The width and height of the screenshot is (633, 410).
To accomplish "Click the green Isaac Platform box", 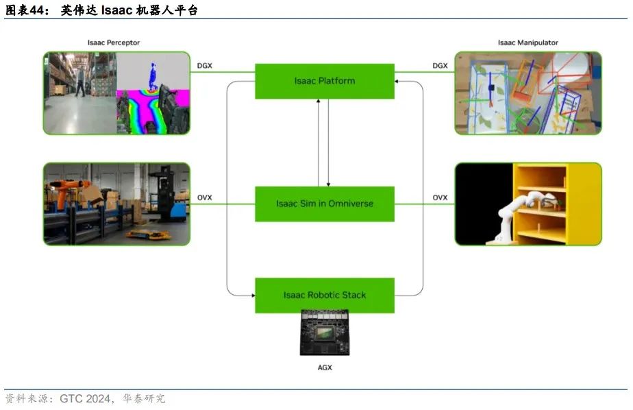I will tap(325, 81).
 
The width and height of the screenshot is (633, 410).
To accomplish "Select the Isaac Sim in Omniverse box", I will tap(325, 204).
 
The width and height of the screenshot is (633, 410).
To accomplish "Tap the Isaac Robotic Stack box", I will tap(325, 295).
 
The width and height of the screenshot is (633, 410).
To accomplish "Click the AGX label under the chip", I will tap(325, 367).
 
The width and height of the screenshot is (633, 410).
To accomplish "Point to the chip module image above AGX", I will tap(325, 333).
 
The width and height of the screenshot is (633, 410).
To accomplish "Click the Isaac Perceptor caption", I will tap(114, 43).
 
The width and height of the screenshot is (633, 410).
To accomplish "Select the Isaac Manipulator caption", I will tap(527, 43).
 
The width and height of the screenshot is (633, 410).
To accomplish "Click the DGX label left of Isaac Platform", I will tap(204, 66).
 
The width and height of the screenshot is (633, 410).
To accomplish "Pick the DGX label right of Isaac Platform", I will tap(440, 66).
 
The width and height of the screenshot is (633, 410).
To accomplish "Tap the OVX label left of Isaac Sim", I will tap(204, 198).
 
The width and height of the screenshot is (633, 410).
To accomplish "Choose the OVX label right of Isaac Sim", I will tap(440, 198).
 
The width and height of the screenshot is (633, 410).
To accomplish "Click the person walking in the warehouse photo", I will tap(82, 80).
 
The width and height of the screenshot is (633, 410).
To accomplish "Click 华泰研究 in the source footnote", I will tap(144, 398).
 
